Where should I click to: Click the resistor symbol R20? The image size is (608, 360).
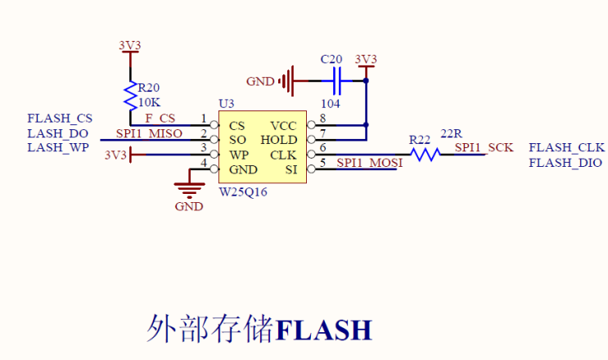[129, 96]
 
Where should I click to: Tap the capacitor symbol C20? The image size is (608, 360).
[335, 80]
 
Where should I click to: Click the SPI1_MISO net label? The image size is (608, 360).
[149, 134]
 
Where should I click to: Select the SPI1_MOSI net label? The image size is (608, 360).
[369, 163]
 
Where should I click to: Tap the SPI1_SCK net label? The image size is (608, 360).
[484, 148]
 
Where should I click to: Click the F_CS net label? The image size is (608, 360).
[160, 119]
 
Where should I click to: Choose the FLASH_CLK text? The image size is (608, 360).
[566, 148]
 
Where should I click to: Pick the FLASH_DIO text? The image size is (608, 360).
[565, 163]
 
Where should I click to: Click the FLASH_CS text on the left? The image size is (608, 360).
[60, 119]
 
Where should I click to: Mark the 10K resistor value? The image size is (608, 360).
[149, 102]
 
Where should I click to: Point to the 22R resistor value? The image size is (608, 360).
[452, 133]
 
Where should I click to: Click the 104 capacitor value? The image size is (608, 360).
[331, 104]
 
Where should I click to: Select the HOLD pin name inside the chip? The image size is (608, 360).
[278, 140]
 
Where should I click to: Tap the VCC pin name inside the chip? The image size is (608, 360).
[283, 125]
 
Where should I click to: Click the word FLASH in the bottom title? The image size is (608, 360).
[324, 330]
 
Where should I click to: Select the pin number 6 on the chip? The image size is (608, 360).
[322, 147]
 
